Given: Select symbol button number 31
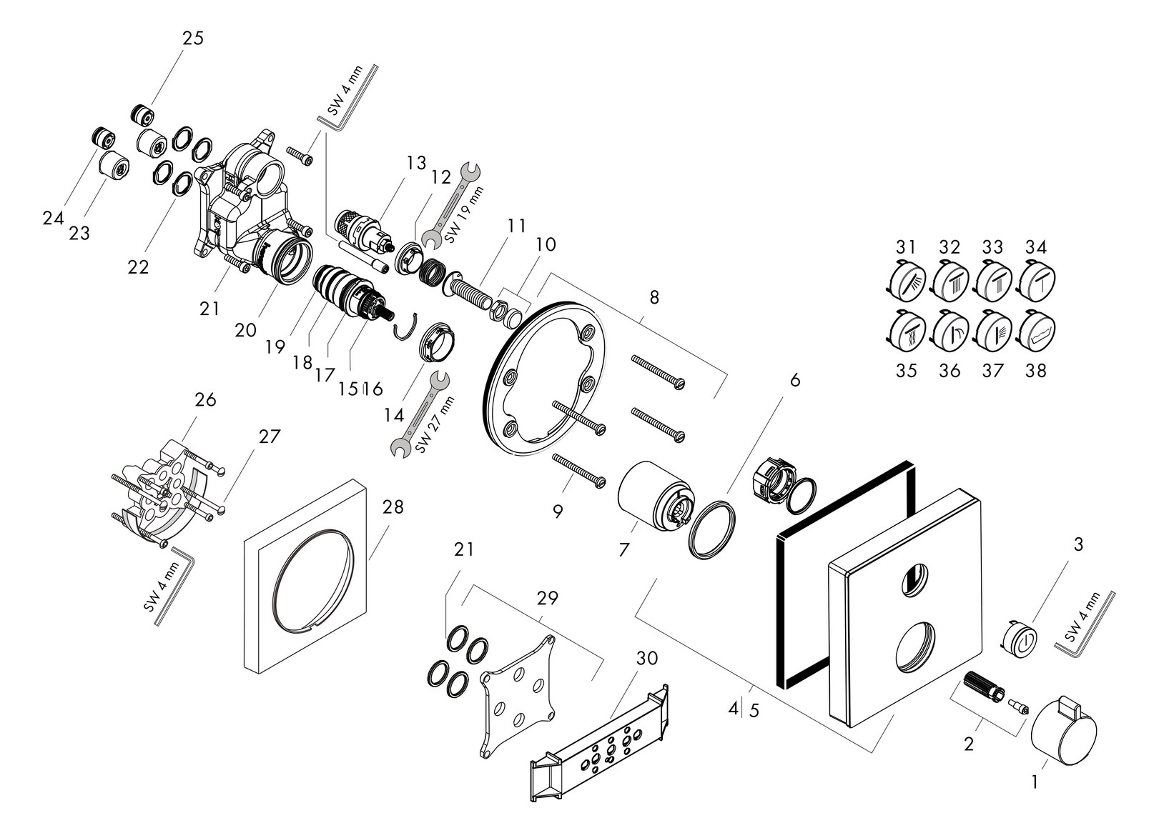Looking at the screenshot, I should pos(907,280).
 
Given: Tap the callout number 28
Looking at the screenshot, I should pos(393,507).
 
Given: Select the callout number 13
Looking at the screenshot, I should pos(416,163).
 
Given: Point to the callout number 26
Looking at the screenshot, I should pos(205,399).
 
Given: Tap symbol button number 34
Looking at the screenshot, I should pos(1037,280).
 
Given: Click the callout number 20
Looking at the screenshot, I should pos(245,330).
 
